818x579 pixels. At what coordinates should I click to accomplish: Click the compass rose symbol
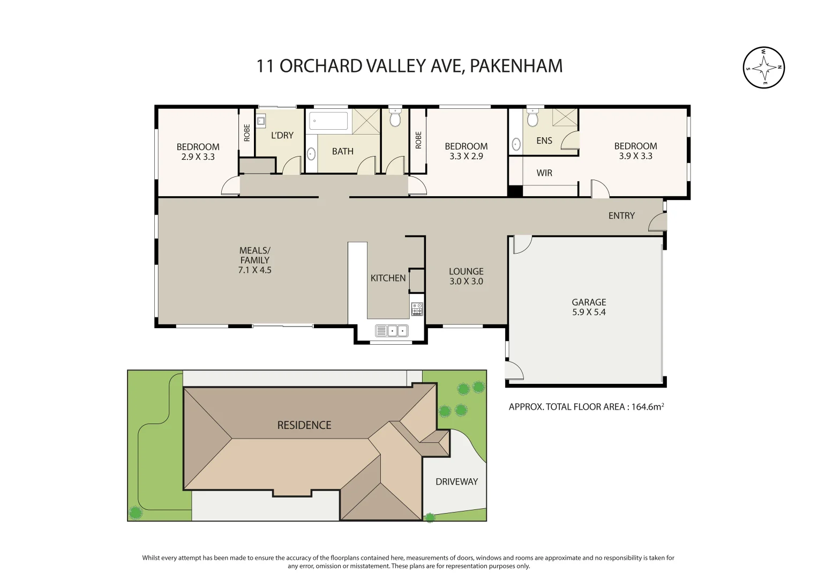pos(764,68)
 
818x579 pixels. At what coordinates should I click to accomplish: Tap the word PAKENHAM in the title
pos(516,66)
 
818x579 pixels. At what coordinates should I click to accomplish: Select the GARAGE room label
pos(589,302)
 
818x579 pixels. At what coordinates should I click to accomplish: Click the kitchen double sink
pos(392,331)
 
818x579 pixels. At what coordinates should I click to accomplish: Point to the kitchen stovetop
pos(417,309)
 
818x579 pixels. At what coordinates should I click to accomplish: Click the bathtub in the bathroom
pos(329,121)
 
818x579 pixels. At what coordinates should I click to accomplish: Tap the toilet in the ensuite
pos(532,118)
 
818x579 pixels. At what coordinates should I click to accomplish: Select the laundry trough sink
pos(261,121)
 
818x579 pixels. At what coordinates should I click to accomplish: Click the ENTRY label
pos(621,216)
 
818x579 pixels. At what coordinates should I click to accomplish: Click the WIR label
pos(544,173)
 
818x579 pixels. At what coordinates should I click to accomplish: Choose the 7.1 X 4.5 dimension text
pos(254,270)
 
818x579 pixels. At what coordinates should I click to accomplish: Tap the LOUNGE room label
pos(466,271)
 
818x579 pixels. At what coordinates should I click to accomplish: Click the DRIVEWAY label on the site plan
pos(456,481)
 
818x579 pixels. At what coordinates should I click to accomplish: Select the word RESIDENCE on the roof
pos(304,425)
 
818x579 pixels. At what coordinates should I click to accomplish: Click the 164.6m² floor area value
pos(647,407)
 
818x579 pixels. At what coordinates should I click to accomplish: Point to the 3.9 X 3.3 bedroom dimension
pos(635,156)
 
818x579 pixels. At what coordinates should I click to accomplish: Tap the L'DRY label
pos(282,135)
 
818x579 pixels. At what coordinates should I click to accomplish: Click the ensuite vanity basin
pos(516,144)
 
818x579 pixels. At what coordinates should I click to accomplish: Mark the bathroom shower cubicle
pos(366,121)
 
